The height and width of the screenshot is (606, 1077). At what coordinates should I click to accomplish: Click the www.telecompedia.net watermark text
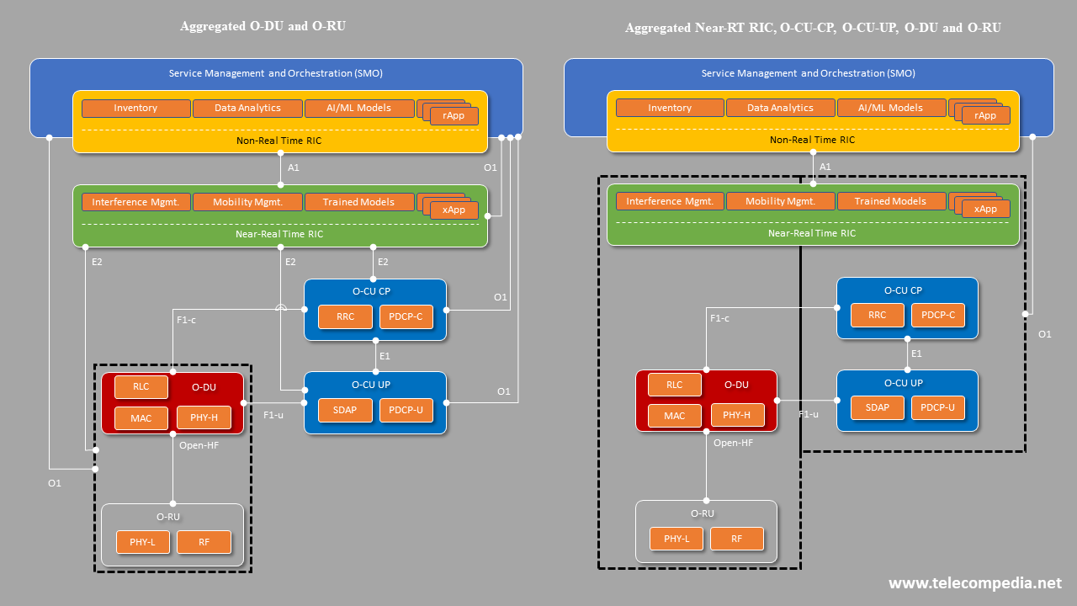pyautogui.click(x=974, y=583)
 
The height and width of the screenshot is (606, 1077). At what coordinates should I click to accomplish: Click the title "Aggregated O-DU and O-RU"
pyautogui.click(x=263, y=26)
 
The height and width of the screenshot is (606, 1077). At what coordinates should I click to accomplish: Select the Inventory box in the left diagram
pyautogui.click(x=135, y=108)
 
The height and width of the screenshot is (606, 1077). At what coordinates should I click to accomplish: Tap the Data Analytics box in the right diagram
pyautogui.click(x=780, y=108)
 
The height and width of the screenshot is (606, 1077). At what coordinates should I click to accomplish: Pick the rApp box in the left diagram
pyautogui.click(x=454, y=116)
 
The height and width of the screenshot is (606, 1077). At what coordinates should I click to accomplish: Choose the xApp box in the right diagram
pyautogui.click(x=985, y=209)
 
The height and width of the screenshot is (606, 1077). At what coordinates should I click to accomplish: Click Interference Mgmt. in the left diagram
pyautogui.click(x=135, y=202)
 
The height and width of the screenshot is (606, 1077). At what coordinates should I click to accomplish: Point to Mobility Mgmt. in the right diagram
pyautogui.click(x=780, y=201)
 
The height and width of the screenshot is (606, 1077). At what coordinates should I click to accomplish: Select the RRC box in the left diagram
pyautogui.click(x=345, y=317)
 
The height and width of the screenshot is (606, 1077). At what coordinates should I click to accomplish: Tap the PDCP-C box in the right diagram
pyautogui.click(x=938, y=316)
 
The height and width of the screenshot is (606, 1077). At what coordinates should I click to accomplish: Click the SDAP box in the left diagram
pyautogui.click(x=345, y=410)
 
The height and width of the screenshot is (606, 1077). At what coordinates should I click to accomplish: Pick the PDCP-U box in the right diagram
pyautogui.click(x=938, y=408)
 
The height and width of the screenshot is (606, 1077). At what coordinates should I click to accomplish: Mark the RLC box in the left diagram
pyautogui.click(x=141, y=386)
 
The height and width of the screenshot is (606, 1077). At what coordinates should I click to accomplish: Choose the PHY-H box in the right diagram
pyautogui.click(x=737, y=415)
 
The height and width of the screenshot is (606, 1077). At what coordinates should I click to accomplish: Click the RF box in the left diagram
pyautogui.click(x=204, y=542)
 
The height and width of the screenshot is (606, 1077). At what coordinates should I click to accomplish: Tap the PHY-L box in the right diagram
pyautogui.click(x=676, y=539)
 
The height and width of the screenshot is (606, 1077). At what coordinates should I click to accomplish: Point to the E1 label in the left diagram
pyautogui.click(x=385, y=356)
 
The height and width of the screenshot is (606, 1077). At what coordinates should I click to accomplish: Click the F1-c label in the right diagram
pyautogui.click(x=719, y=318)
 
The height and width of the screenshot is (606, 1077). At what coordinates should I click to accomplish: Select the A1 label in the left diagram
pyautogui.click(x=294, y=167)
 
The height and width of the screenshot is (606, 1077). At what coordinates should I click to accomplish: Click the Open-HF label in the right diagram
pyautogui.click(x=733, y=442)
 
